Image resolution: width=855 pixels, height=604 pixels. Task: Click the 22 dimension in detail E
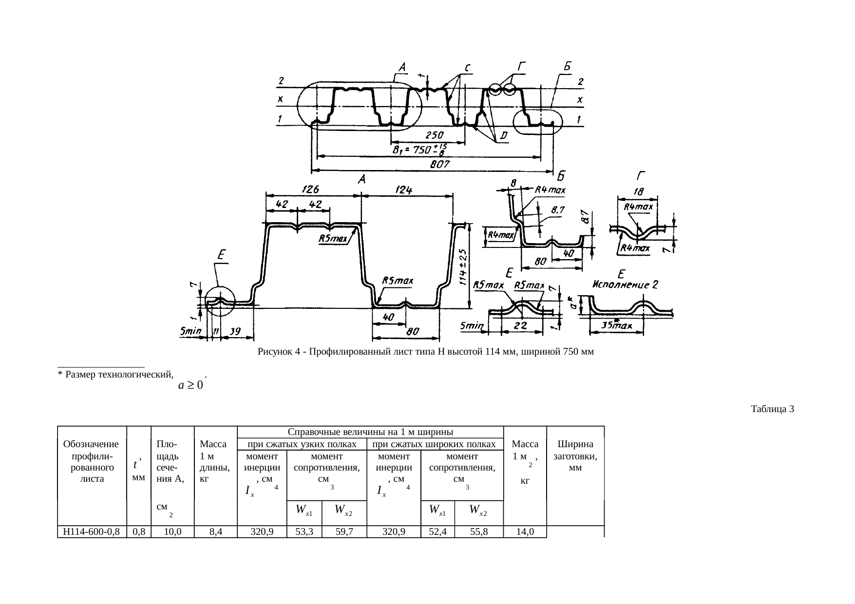520,325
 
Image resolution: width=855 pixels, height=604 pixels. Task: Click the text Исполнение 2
625,285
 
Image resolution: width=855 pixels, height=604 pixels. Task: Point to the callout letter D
503,134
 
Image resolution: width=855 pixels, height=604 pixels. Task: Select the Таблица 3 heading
773,409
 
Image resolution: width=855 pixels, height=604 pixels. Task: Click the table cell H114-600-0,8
92,531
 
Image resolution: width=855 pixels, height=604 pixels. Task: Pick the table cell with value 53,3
304,531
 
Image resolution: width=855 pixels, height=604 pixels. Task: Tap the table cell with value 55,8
479,531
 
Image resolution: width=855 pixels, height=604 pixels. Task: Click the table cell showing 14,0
525,531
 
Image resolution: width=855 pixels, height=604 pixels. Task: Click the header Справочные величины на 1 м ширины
371,432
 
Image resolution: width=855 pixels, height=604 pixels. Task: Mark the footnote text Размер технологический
114,375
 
